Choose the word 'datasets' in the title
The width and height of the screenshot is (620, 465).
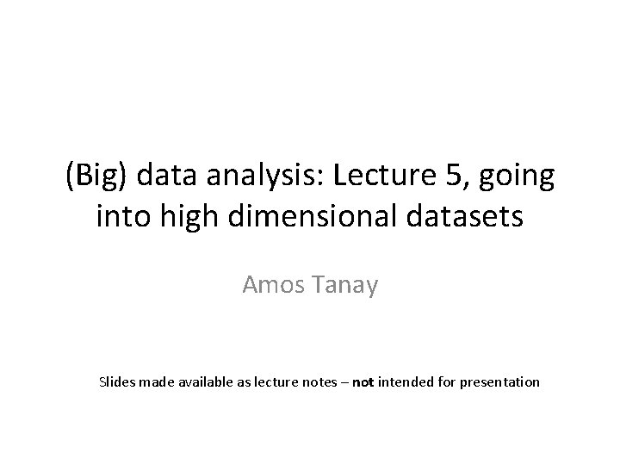[x=470, y=215]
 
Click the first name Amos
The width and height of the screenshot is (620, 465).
[x=273, y=285]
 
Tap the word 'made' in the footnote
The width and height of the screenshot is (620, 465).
[x=157, y=381]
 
